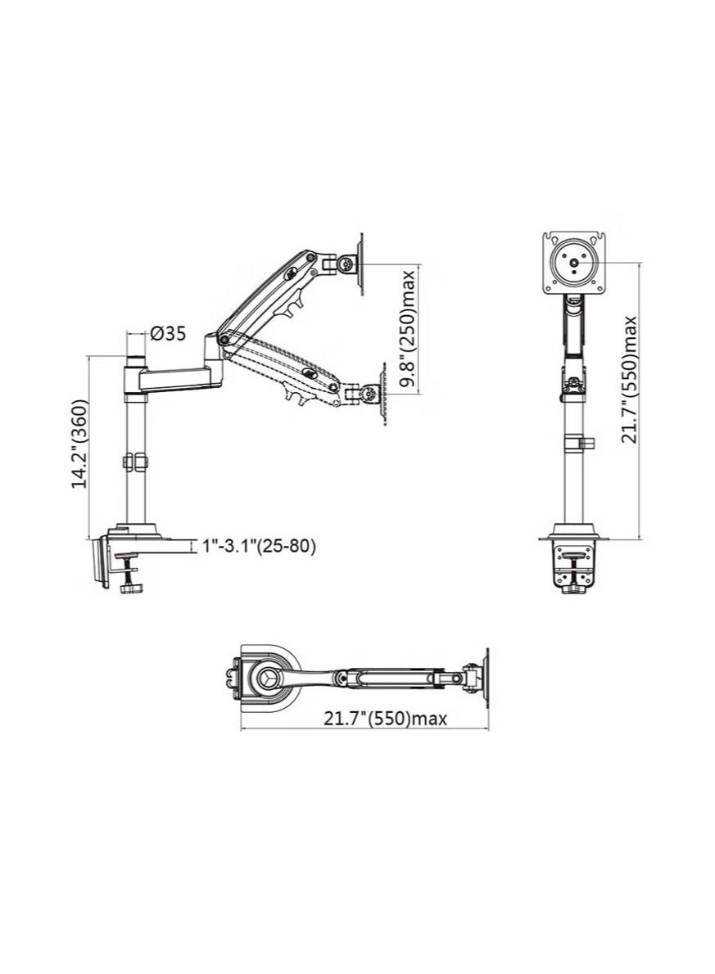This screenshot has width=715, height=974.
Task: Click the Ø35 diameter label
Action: pyautogui.click(x=168, y=334)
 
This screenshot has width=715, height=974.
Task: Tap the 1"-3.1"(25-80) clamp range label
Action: pyautogui.click(x=259, y=546)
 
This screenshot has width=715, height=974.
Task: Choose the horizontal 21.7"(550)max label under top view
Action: pyautogui.click(x=385, y=719)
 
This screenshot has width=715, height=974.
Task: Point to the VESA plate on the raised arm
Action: pyautogui.click(x=362, y=264)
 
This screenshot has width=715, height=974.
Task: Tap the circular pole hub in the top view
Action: pyautogui.click(x=268, y=679)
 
